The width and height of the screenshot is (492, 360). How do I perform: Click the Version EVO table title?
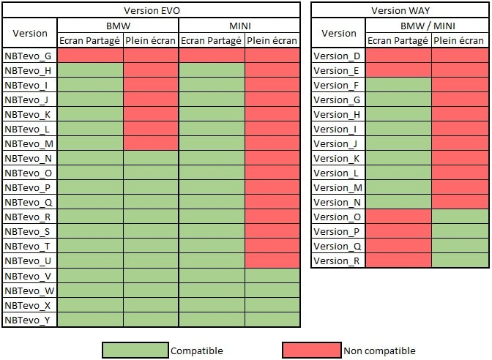click(x=152, y=10)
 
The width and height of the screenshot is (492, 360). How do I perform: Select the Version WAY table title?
click(x=400, y=10)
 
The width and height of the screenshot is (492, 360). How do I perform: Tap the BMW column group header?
click(x=117, y=26)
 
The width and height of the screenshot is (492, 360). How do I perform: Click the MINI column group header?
click(x=239, y=26)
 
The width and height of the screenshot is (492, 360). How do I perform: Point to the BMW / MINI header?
click(x=428, y=26)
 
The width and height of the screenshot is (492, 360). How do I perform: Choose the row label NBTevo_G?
click(x=28, y=56)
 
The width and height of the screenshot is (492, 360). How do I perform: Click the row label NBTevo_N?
click(x=28, y=158)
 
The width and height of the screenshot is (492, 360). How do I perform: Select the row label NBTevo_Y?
click(x=28, y=319)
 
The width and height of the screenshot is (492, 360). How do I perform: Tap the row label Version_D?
click(x=337, y=56)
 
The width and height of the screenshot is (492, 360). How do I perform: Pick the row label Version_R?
click(x=337, y=260)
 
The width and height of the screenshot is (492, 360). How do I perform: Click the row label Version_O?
click(x=337, y=217)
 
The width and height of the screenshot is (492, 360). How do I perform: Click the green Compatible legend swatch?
click(x=135, y=350)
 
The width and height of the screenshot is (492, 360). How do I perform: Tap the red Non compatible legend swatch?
click(x=311, y=350)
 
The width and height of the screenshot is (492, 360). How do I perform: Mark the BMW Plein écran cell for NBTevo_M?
click(x=150, y=143)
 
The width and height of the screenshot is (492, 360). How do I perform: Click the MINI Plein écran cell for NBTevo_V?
click(x=272, y=275)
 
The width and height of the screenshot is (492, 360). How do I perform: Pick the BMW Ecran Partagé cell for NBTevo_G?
click(x=90, y=56)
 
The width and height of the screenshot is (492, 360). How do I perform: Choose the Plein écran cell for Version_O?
click(x=458, y=217)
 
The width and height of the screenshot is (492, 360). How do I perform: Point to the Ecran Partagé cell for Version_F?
click(x=398, y=85)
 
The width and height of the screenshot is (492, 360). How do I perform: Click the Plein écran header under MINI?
click(x=272, y=40)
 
